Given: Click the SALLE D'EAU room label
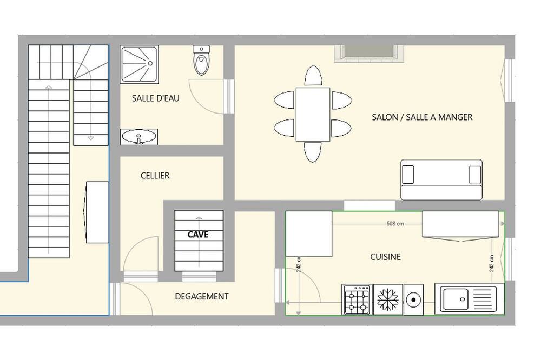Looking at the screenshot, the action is [156, 98].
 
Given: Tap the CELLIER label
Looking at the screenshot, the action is [155, 176].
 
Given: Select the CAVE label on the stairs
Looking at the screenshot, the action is [198, 235].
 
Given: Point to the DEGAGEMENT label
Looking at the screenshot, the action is [201, 296].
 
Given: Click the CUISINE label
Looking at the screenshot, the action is [385, 257].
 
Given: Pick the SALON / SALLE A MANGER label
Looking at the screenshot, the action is [422, 117].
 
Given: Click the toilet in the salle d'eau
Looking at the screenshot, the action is [201, 60].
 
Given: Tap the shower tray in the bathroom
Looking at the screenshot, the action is [140, 64].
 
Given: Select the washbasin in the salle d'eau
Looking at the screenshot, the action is [139, 137].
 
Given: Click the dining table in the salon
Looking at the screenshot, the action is [313, 114].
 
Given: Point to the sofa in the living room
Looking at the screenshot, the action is [441, 179].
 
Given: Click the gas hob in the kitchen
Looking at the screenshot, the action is [357, 299].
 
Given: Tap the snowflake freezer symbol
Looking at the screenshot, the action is [388, 299].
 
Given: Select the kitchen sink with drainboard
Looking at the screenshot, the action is [469, 298].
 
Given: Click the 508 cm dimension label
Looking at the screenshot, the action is [395, 224].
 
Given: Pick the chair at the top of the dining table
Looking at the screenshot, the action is [313, 76].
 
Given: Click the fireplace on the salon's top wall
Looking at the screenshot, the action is [369, 54].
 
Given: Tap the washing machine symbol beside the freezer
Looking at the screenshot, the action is [413, 299].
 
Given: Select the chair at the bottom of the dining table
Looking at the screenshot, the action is [313, 152].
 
